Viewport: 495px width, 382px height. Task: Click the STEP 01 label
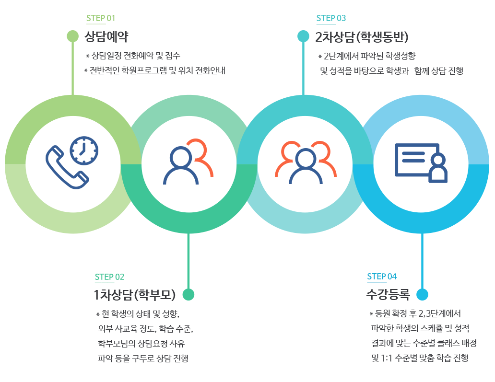coord(101,19)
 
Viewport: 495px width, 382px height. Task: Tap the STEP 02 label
coord(109,277)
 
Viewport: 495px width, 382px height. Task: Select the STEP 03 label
coord(331,19)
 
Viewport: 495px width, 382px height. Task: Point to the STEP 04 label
coord(382,277)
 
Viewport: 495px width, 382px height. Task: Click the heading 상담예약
coord(106,36)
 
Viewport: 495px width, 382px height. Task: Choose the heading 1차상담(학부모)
coord(135,294)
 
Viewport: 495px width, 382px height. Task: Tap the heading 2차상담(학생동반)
coord(362,36)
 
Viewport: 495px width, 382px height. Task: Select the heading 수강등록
coord(388,294)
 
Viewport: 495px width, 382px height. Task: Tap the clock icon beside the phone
coord(84,150)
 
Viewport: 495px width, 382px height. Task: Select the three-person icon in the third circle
coord(306,163)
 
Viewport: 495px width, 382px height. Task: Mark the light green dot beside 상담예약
coord(72,36)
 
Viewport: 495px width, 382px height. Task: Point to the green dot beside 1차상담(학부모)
coord(189,294)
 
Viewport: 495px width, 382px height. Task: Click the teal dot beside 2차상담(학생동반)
coord(303,36)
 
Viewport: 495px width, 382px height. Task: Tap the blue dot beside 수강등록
coord(422,294)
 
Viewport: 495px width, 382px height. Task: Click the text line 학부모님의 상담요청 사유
coord(141,344)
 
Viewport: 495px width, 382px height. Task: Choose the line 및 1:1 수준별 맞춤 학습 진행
coord(419,358)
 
